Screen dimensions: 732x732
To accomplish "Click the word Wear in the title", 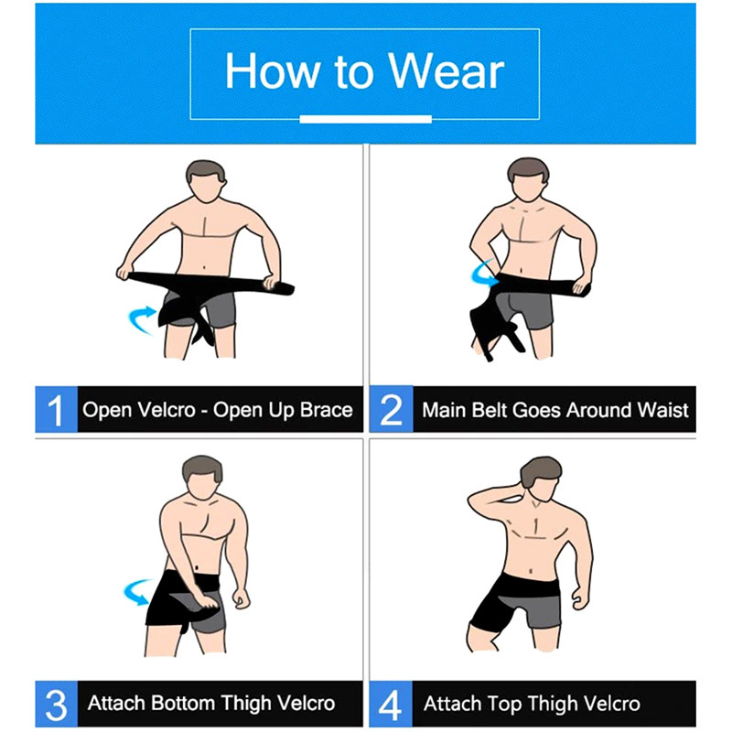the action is pyautogui.click(x=447, y=71).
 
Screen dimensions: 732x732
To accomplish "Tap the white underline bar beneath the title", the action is pyautogui.click(x=365, y=119).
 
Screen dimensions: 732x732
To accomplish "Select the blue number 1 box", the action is pyautogui.click(x=56, y=409).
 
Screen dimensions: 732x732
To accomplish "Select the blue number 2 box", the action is pyautogui.click(x=392, y=409).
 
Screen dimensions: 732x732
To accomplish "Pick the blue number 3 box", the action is pyautogui.click(x=56, y=704).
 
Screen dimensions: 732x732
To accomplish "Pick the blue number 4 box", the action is pyautogui.click(x=392, y=704).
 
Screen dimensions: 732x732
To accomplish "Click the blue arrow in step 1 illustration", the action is pyautogui.click(x=141, y=318).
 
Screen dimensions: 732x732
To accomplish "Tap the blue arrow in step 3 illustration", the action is pyautogui.click(x=137, y=592).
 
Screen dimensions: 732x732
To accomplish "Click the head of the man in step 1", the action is pyautogui.click(x=206, y=181).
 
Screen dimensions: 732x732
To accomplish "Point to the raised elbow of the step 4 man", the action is pyautogui.click(x=472, y=501).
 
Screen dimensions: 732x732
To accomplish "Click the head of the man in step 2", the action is pyautogui.click(x=528, y=179).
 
